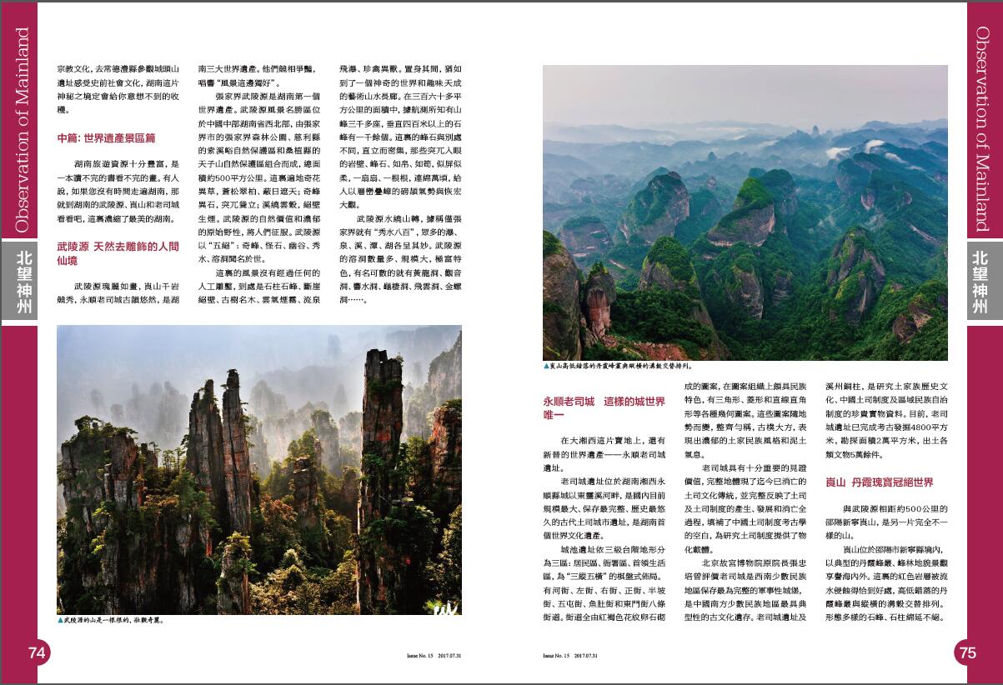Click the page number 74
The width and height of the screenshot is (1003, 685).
click(37, 653)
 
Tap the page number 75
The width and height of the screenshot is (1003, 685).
click(967, 653)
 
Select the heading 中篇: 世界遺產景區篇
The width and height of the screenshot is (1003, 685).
click(106, 137)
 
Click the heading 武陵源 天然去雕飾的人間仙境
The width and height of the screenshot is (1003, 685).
click(118, 254)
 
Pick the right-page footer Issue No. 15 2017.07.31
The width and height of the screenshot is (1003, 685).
click(570, 656)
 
